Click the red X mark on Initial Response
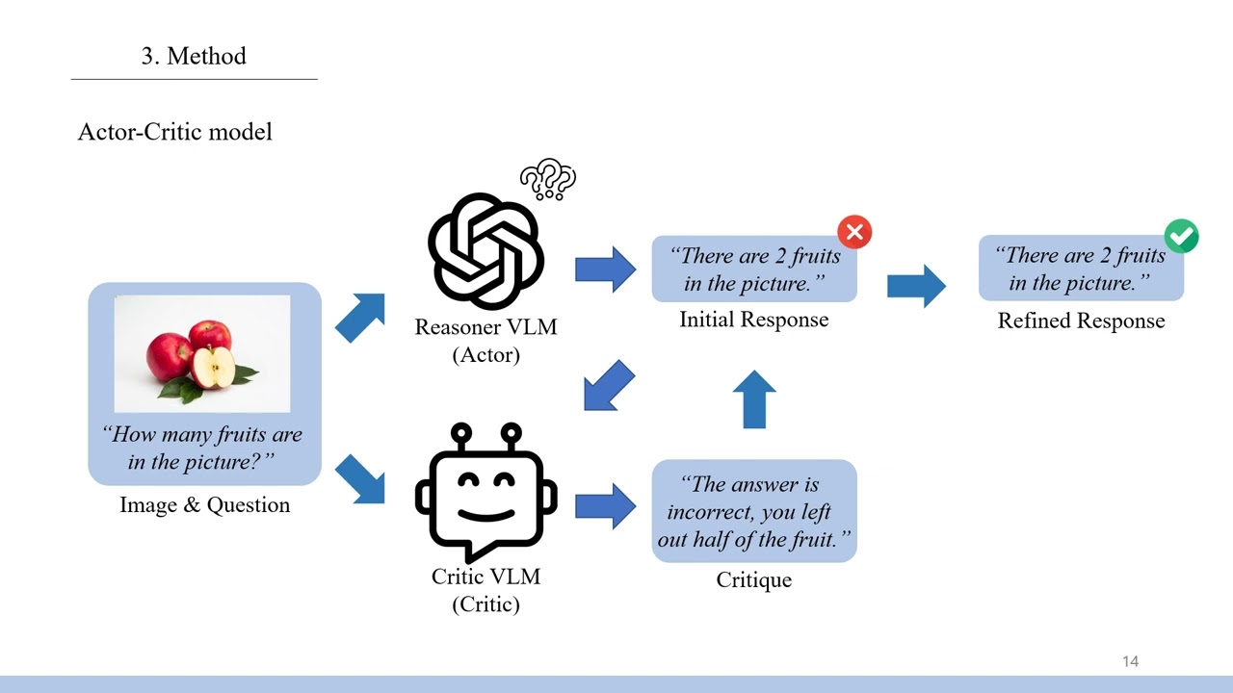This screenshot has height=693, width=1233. point(854,232)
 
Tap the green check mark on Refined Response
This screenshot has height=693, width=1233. point(1182,236)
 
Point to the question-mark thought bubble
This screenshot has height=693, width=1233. point(548,179)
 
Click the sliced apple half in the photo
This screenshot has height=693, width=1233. point(213,367)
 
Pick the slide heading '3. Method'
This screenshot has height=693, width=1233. point(194,56)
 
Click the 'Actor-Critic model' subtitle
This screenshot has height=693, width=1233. point(174,132)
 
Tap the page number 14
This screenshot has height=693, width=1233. point(1130,661)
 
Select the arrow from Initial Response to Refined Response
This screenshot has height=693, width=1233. point(916,285)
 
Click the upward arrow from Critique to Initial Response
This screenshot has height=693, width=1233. point(754,398)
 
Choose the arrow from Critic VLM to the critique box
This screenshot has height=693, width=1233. point(606,506)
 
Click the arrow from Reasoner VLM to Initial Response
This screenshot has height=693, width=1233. point(606,269)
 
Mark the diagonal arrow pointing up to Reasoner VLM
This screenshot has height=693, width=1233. point(360,318)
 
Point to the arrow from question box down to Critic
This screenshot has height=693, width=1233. point(360,479)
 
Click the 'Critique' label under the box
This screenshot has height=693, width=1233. point(753,579)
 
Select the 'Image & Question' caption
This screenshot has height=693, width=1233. point(204,504)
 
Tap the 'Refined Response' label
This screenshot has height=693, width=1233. point(1081,321)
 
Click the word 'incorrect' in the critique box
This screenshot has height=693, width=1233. point(708,512)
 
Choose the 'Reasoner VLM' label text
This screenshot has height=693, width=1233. point(485,326)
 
